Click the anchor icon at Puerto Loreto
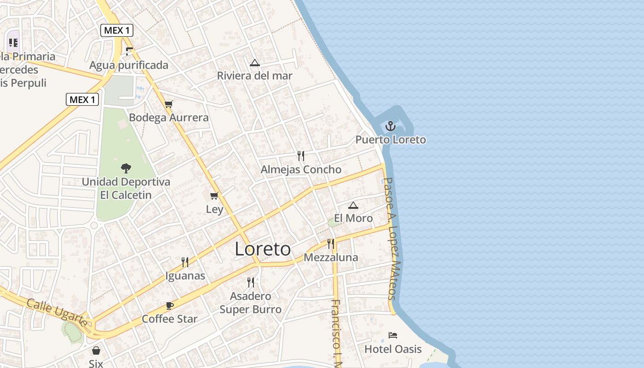(x=391, y=126)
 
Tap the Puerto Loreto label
(x=391, y=140)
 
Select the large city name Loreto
(x=263, y=249)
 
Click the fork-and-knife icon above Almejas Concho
(x=301, y=156)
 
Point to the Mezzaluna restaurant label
(x=331, y=257)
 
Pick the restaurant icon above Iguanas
(x=185, y=262)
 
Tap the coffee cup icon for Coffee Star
(x=170, y=305)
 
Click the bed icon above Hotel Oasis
(x=393, y=335)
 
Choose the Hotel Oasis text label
(x=393, y=349)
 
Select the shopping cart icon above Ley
(x=214, y=196)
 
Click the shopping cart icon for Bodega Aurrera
(x=169, y=104)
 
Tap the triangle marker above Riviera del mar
(x=255, y=63)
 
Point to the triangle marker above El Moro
(x=353, y=205)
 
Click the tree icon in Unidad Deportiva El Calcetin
(x=126, y=168)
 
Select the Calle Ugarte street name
(x=57, y=312)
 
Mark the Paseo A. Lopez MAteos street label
(x=391, y=239)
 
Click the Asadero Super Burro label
(x=250, y=303)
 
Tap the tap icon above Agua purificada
(x=129, y=52)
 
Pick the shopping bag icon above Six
(x=96, y=351)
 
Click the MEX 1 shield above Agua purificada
(x=117, y=31)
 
